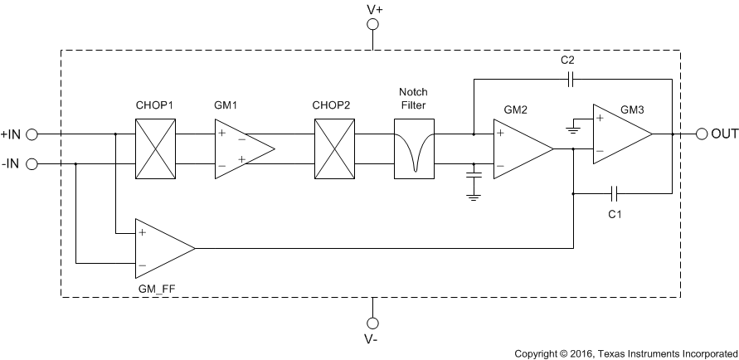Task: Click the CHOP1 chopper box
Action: tap(156, 148)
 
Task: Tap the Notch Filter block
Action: tap(414, 148)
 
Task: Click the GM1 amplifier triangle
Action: tap(241, 148)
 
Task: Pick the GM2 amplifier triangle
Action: tap(519, 148)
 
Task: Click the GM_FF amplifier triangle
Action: tap(161, 248)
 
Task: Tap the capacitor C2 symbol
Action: tap(569, 80)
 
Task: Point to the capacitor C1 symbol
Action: tap(614, 193)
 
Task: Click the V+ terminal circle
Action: tap(373, 25)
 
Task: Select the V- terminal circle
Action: tap(373, 323)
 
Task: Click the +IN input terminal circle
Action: tap(33, 134)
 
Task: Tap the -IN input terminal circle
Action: tap(33, 163)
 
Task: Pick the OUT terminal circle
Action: tap(702, 134)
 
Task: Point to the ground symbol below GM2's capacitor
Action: tap(474, 196)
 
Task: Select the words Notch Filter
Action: tap(413, 98)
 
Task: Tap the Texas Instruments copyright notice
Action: tap(624, 353)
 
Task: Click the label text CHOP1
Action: tap(155, 105)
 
